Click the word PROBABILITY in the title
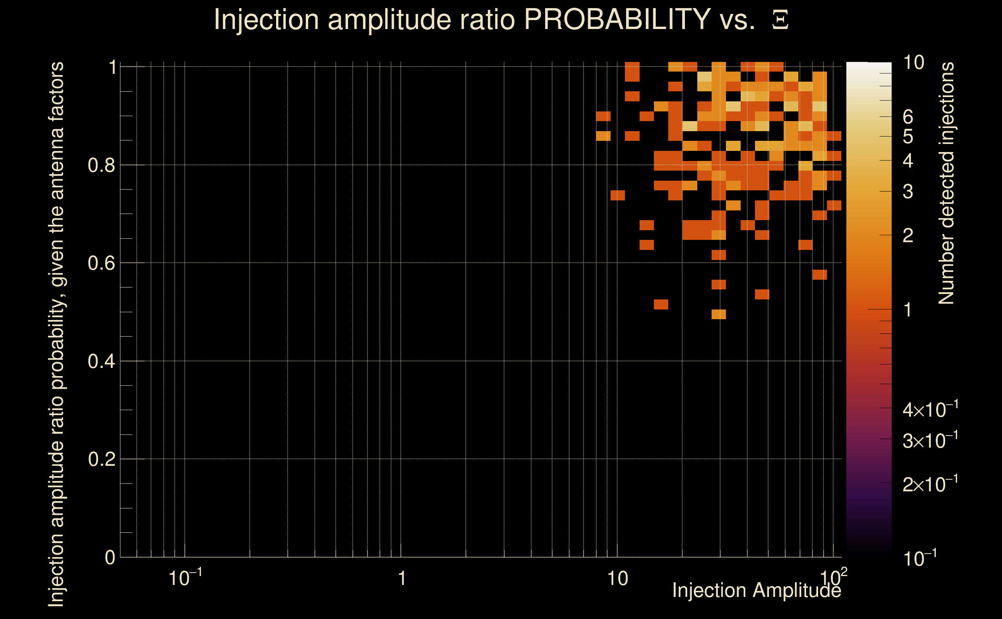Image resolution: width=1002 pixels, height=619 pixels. click(x=617, y=19)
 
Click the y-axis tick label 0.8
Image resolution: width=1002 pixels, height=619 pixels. click(x=101, y=166)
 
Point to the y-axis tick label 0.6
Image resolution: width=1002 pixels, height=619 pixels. click(x=101, y=263)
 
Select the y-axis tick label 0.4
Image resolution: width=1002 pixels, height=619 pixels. click(x=101, y=361)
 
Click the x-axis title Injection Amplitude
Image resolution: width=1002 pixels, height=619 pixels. click(x=757, y=591)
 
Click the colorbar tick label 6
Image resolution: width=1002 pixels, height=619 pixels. click(x=908, y=117)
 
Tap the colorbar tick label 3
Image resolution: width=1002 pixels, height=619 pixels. click(x=908, y=192)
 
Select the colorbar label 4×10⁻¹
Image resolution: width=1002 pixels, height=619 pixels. click(x=930, y=409)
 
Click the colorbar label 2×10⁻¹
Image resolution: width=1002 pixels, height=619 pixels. click(x=930, y=484)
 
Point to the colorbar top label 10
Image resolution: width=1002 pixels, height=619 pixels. click(x=913, y=63)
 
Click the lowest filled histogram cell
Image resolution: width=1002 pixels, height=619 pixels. click(x=719, y=314)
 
